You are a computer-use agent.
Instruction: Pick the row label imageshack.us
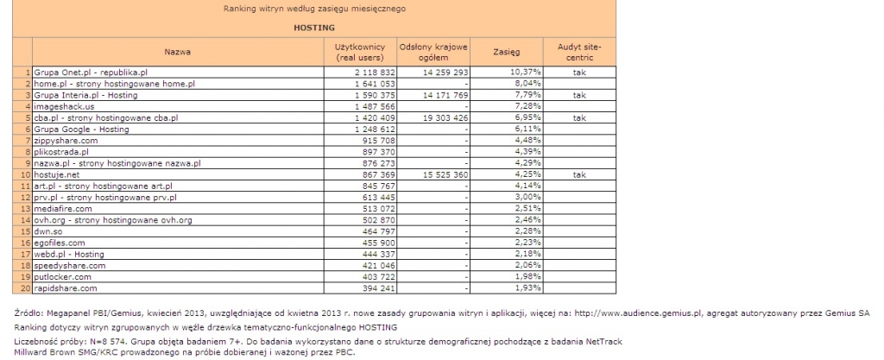64,106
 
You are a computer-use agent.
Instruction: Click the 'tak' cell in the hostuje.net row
579,174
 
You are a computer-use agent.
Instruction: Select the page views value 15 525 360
440,174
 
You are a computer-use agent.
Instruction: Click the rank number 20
27,288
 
